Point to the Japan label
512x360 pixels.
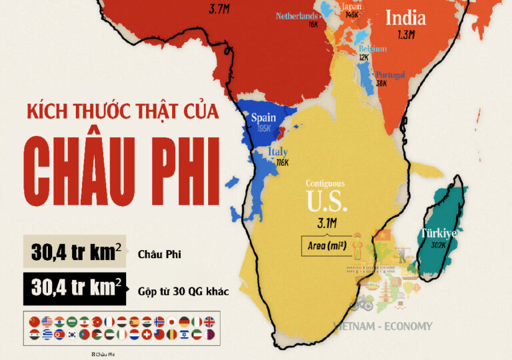[x=351, y=7]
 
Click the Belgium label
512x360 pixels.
[x=372, y=49]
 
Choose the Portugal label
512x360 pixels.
[x=390, y=75]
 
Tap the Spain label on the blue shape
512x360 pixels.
[x=263, y=118]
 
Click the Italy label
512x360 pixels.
[x=277, y=152]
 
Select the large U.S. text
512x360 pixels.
[x=327, y=201]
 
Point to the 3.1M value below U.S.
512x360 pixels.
[x=327, y=222]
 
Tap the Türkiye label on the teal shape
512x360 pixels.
[x=437, y=233]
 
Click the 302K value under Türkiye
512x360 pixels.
[x=437, y=245]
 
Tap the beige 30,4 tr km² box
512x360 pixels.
[x=75, y=252]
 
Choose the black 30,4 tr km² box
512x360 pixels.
[x=75, y=289]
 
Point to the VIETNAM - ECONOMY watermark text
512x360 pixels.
[x=382, y=327]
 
